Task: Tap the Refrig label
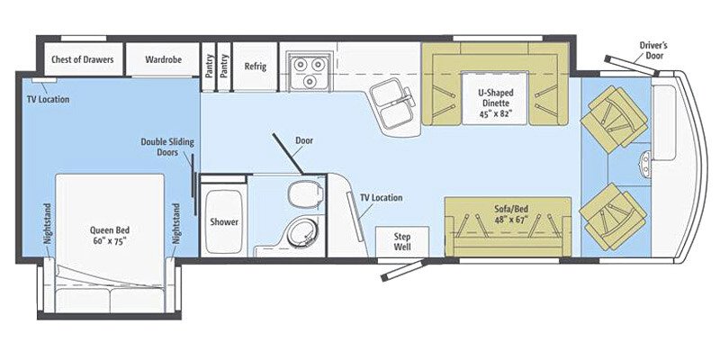coord(255,66)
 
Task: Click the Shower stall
coord(223,221)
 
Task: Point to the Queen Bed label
coord(111,235)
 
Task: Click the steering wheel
coord(645,164)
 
